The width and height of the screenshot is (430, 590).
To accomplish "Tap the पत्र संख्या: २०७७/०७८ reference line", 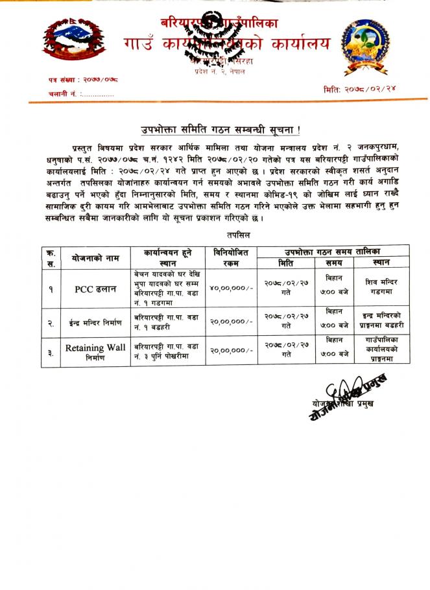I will [x=82, y=80].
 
